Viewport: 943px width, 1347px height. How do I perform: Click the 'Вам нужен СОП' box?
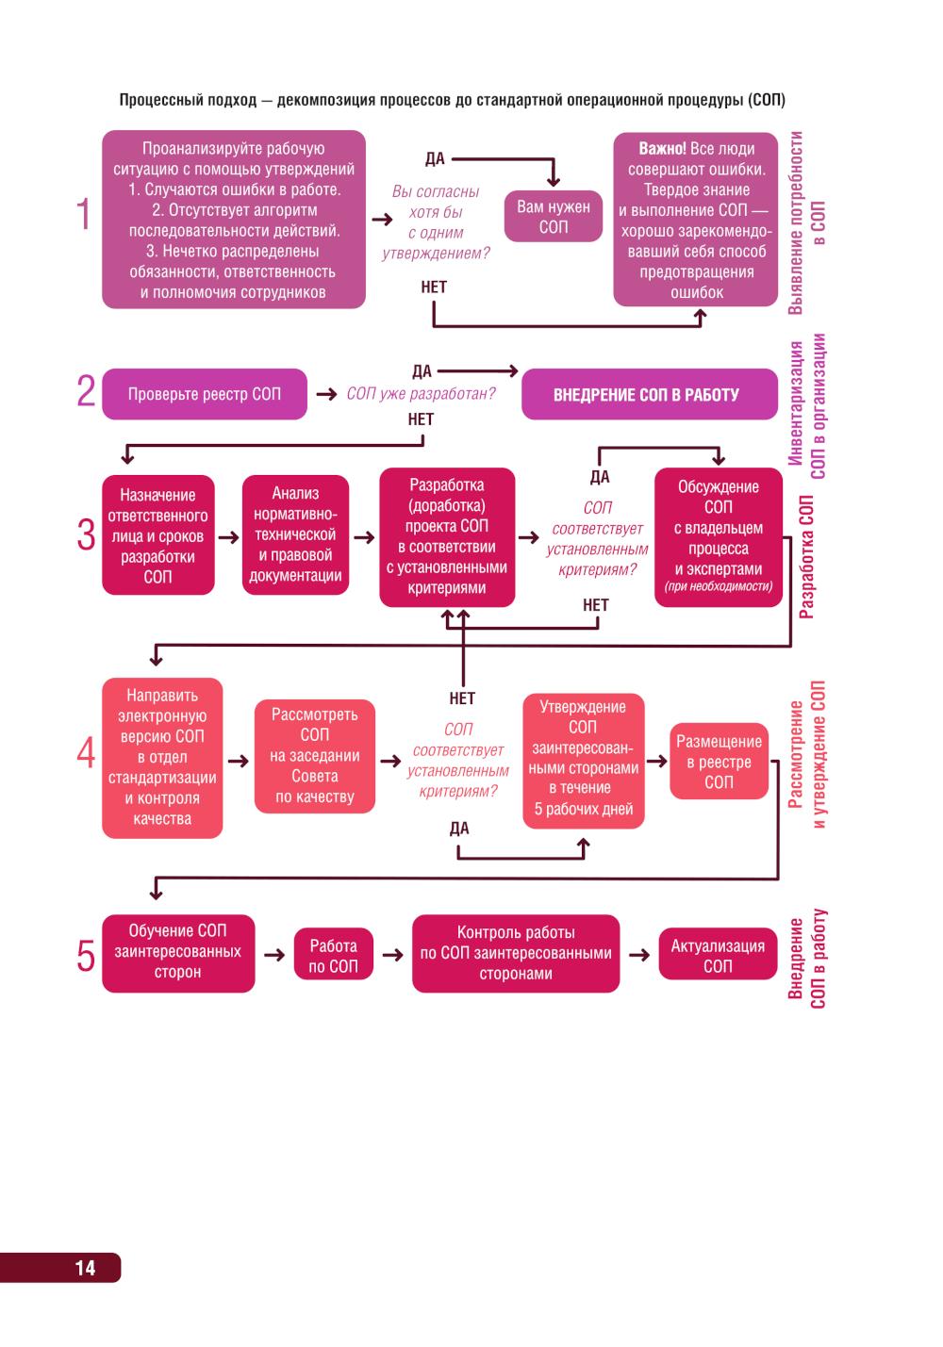[x=554, y=217]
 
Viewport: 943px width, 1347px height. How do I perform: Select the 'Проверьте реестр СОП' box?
[x=205, y=394]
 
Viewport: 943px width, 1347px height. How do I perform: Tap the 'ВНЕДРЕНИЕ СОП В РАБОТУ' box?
[x=646, y=395]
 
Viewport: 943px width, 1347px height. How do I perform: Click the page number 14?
[x=85, y=1268]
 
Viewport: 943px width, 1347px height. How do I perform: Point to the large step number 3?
[x=86, y=535]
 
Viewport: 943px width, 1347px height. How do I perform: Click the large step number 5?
[x=86, y=957]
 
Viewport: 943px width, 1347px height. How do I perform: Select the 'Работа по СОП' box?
[x=333, y=956]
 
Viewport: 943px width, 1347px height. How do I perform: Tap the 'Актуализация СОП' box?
[x=718, y=955]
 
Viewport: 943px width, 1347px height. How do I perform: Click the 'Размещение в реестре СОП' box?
[x=719, y=762]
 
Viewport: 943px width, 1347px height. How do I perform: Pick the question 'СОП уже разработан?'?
[x=421, y=394]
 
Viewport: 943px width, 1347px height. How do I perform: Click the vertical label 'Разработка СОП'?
[x=806, y=556]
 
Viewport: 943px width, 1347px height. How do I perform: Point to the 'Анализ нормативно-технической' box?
[x=295, y=534]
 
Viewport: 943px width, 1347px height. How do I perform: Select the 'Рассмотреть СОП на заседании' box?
[x=314, y=756]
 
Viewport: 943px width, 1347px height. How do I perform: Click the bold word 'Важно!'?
[x=662, y=149]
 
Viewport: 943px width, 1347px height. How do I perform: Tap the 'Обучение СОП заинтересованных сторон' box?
[x=178, y=952]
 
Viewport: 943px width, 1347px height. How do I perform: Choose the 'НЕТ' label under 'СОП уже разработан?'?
[x=421, y=419]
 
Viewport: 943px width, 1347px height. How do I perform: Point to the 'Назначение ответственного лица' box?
[x=157, y=535]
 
